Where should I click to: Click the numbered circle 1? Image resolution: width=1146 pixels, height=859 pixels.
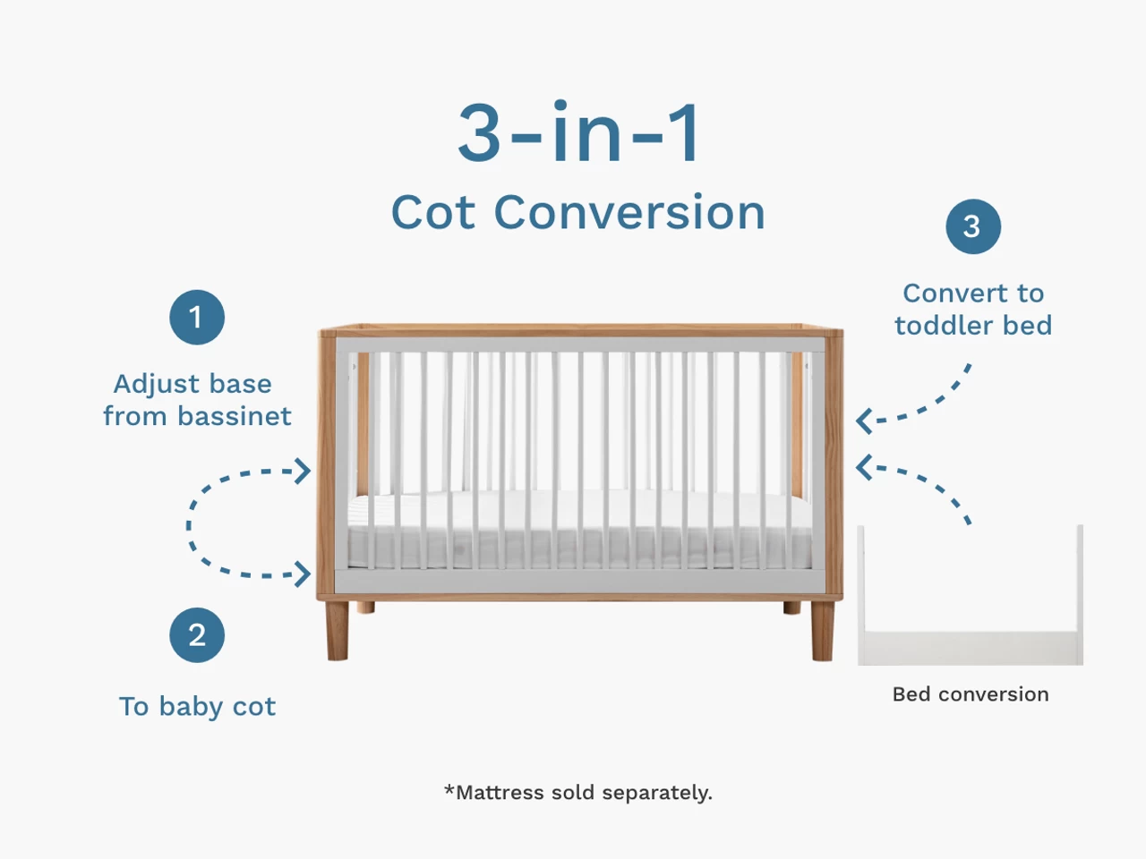197,317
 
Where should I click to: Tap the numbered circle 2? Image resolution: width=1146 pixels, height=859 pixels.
197,634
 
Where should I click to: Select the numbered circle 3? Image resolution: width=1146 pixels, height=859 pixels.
973,226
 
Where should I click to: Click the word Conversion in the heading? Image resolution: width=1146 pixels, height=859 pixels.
629,212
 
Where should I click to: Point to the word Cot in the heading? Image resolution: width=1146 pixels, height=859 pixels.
433,212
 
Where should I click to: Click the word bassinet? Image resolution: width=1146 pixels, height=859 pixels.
235,416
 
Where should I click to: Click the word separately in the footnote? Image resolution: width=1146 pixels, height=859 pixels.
657,793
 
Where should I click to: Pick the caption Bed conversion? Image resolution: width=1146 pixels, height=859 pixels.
971,694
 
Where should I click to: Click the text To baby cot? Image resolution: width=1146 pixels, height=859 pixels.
197,707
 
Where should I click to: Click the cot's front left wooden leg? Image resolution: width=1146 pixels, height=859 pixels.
338,631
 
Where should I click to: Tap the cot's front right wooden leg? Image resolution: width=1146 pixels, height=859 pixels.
822,631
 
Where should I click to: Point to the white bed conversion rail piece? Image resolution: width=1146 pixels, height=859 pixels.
970,648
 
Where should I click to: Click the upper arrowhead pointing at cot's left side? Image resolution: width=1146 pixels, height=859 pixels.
303,471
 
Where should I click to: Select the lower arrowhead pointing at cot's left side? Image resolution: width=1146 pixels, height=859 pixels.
303,574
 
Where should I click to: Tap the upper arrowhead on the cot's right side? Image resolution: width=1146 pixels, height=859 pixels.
865,421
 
